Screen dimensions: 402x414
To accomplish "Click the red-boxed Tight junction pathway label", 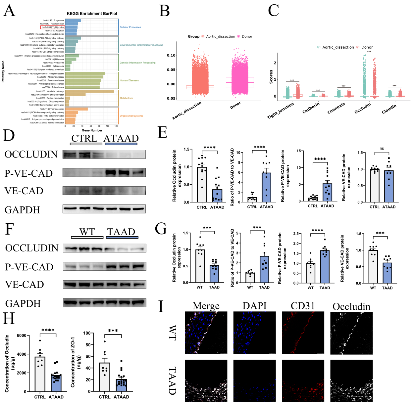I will (x=53, y=27).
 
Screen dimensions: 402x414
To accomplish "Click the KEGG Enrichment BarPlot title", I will (x=92, y=14).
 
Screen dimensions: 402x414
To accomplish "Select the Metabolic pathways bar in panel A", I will (x=90, y=91).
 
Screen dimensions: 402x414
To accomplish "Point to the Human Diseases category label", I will (x=129, y=80).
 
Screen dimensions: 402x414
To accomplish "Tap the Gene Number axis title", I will (x=92, y=130).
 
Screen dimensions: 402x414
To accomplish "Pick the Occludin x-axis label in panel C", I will (x=362, y=108).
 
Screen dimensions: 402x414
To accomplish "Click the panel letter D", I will (x=9, y=135).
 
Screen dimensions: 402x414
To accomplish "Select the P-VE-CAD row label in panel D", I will (x=28, y=173).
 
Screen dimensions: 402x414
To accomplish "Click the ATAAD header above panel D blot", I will (x=121, y=138).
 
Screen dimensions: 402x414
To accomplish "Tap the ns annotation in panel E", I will (x=382, y=149).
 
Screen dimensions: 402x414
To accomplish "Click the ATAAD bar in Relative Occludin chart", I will (x=217, y=196).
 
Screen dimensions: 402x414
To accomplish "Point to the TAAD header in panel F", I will (x=121, y=232).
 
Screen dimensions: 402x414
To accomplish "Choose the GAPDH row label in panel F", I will (x=23, y=303).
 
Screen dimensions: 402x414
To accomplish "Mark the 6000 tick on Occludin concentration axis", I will (x=21, y=335).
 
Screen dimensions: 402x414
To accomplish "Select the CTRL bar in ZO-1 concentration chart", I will (x=105, y=377).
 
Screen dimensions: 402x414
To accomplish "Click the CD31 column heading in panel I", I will (x=302, y=306).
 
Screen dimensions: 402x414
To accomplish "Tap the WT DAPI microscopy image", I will (x=254, y=333).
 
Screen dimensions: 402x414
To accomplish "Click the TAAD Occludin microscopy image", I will (x=351, y=380).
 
